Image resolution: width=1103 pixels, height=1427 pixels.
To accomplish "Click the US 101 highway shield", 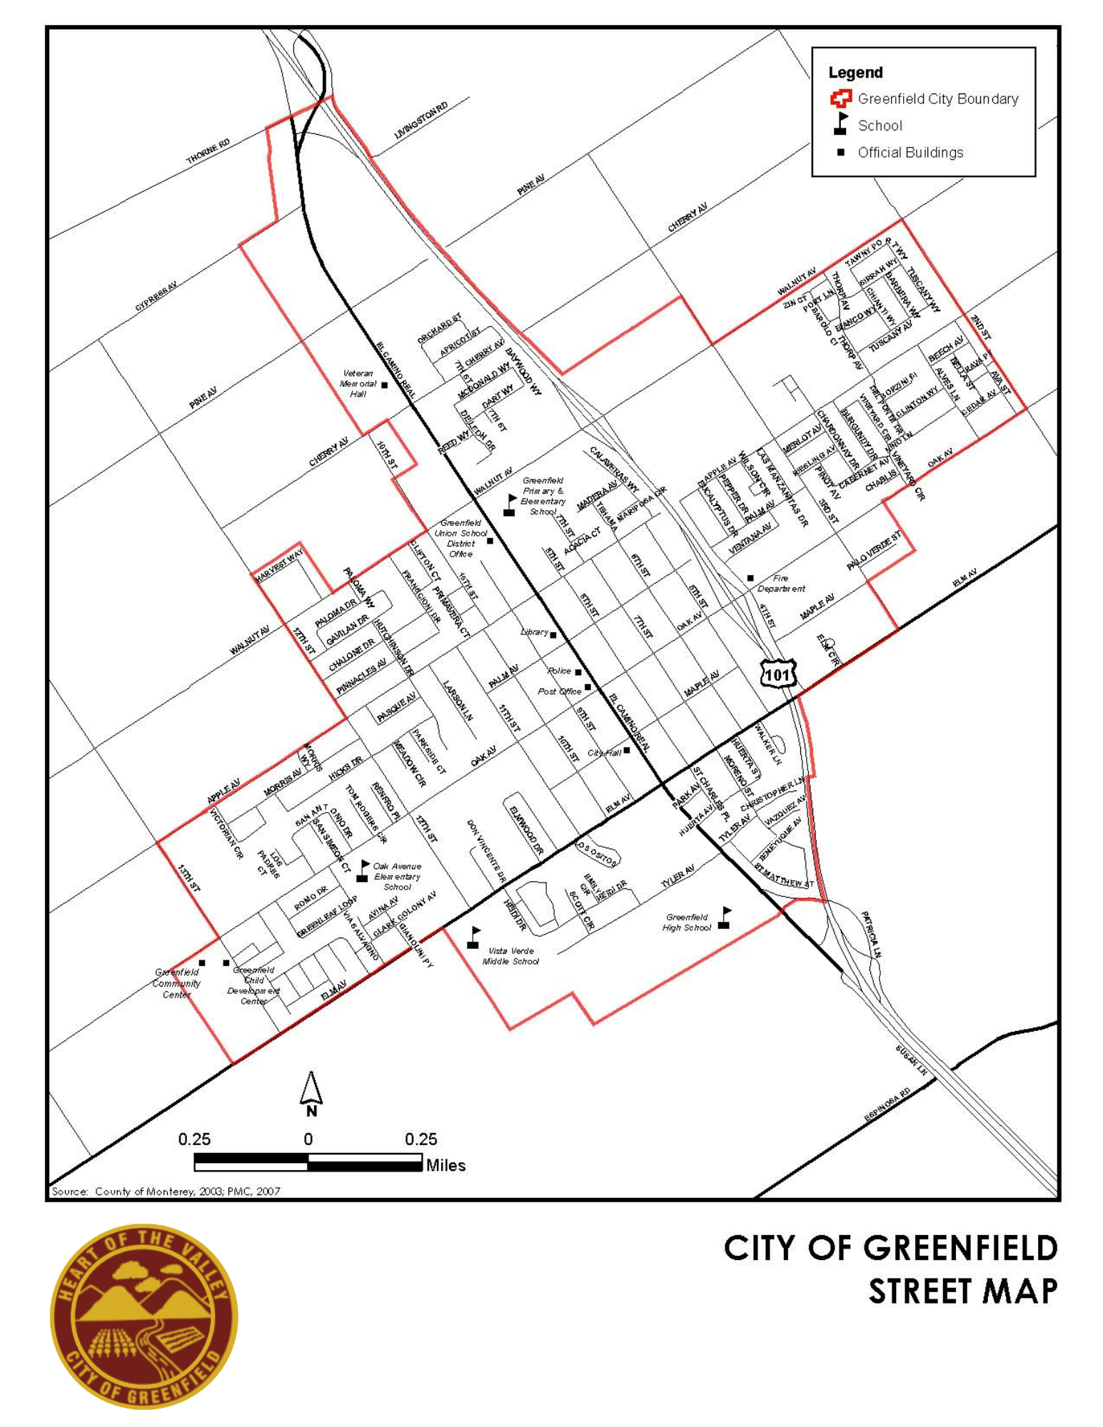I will coord(777,674).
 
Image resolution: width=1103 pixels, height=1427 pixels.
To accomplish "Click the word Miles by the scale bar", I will coord(445,1165).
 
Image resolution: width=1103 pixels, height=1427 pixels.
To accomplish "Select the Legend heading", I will coord(855,73).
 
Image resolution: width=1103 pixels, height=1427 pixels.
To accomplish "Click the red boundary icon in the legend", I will coord(841,98).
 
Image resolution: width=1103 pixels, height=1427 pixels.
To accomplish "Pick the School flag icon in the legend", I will coord(841,124).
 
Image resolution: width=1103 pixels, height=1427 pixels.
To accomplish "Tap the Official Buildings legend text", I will coord(910,153).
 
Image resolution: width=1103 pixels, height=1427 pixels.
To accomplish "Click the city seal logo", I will coord(143,1316).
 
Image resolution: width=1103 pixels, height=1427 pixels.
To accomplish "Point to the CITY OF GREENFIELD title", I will coord(890,1249).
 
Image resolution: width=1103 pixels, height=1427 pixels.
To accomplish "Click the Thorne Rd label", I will coord(208,151).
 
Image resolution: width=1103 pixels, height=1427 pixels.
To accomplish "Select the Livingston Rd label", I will coord(421,121).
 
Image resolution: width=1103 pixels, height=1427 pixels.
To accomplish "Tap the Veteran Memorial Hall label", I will coord(358,384).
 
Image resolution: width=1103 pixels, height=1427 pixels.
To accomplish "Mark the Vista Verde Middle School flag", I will coord(473,938).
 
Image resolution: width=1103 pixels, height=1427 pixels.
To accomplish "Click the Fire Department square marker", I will coord(750,578).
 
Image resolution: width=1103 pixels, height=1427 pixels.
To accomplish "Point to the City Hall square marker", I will coord(627,750).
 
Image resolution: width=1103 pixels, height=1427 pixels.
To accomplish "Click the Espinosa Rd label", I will coord(887,1104).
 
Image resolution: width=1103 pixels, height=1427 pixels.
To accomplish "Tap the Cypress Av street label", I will coord(156,296).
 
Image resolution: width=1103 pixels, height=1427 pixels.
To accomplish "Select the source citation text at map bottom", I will coord(166,1191).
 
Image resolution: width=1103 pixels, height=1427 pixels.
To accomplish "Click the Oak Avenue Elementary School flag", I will coord(363,871).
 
